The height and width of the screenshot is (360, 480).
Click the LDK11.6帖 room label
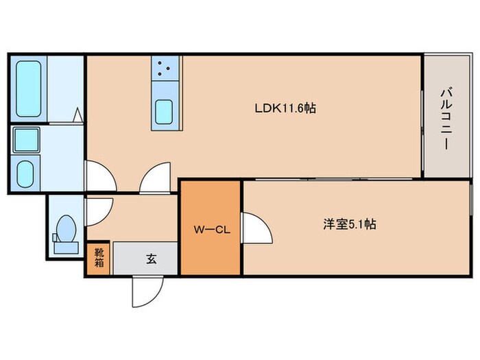(x=285, y=108)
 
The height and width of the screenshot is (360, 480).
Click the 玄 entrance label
(x=150, y=259)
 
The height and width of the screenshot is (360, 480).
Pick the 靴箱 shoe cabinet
(x=99, y=259)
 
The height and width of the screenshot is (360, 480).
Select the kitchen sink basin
(x=164, y=112)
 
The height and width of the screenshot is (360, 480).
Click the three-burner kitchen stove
(x=165, y=68)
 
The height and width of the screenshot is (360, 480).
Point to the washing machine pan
(x=27, y=140)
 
